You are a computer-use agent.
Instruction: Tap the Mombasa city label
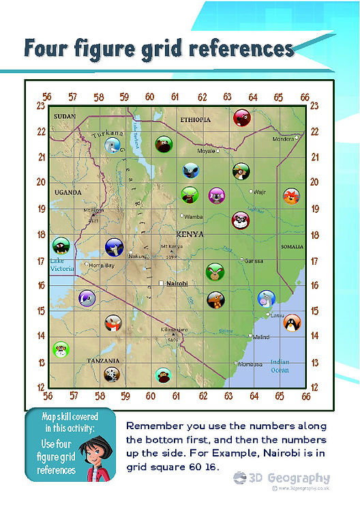pyautogui.click(x=250, y=364)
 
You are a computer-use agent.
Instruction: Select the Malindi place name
pyautogui.click(x=261, y=337)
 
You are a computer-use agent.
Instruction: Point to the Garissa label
pyautogui.click(x=254, y=261)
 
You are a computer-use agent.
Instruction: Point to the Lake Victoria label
pyautogui.click(x=61, y=265)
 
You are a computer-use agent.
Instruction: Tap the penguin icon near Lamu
pyautogui.click(x=292, y=322)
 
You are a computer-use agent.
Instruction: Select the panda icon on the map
pyautogui.click(x=241, y=220)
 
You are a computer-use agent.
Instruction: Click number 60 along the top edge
pyautogui.click(x=150, y=98)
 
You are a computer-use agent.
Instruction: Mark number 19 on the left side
pyautogui.click(x=41, y=209)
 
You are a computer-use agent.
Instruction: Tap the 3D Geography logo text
pyautogui.click(x=287, y=478)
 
